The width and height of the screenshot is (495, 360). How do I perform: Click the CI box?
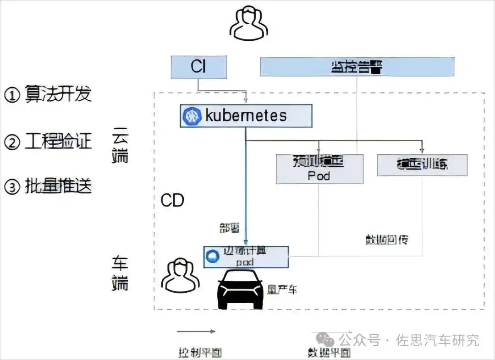(198, 67)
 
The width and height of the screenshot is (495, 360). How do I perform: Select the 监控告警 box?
(357, 67)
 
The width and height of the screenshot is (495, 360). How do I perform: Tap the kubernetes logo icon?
(192, 116)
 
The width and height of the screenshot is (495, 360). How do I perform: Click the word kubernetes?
(246, 116)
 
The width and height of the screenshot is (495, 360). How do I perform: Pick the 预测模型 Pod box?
(319, 169)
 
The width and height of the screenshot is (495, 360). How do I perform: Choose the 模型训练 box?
(422, 165)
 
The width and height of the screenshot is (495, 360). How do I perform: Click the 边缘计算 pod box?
(246, 257)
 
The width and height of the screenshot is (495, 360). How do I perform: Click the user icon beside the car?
(181, 275)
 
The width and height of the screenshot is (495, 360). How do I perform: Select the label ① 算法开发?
(48, 94)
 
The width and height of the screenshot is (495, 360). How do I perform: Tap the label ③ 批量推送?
(48, 187)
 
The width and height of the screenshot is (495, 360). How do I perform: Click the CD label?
(172, 201)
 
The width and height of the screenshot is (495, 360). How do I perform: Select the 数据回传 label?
(386, 240)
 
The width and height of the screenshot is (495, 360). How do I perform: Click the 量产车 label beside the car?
(282, 290)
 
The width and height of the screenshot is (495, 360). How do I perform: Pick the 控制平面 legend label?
(196, 353)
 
